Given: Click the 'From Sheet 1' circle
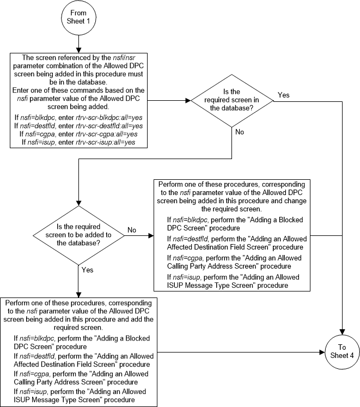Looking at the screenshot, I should point(78,18).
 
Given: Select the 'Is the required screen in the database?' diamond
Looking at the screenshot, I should point(233,101).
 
